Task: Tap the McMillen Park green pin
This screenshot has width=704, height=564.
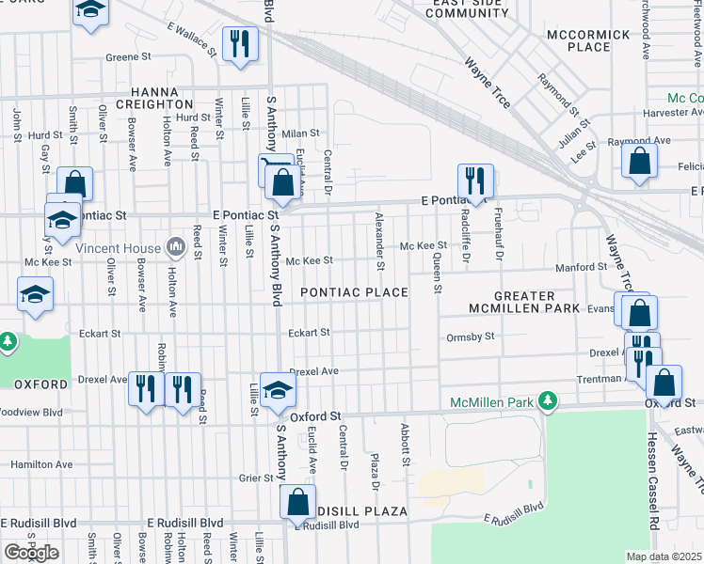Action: (x=548, y=402)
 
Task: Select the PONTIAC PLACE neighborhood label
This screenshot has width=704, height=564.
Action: (x=354, y=292)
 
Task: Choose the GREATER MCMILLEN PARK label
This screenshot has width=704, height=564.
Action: (x=524, y=302)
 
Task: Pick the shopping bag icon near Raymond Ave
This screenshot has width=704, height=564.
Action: (x=639, y=161)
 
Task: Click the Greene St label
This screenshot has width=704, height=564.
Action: (x=122, y=57)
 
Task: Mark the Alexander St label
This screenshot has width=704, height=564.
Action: (x=380, y=236)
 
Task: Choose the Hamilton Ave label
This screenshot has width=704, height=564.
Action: (x=41, y=464)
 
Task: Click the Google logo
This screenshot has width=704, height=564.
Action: (x=31, y=552)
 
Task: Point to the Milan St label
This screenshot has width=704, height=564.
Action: (x=302, y=133)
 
